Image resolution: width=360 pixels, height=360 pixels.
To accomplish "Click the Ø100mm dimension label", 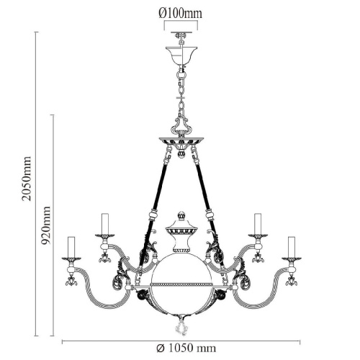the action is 180,14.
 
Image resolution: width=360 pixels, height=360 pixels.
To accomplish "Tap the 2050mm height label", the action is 27,179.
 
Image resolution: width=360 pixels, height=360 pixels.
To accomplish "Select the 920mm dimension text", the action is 45,225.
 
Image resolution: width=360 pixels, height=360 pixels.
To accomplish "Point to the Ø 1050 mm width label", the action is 186,348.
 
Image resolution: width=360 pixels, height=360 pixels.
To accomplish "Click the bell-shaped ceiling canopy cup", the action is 181,55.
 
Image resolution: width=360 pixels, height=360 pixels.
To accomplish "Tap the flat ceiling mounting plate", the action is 181,32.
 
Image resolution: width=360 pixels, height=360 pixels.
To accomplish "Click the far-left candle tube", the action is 71,247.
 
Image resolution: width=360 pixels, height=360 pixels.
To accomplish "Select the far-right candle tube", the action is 292,247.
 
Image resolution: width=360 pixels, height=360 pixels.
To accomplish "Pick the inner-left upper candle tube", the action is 105,224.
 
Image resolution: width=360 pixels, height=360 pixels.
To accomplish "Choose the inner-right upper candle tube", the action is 258,224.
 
